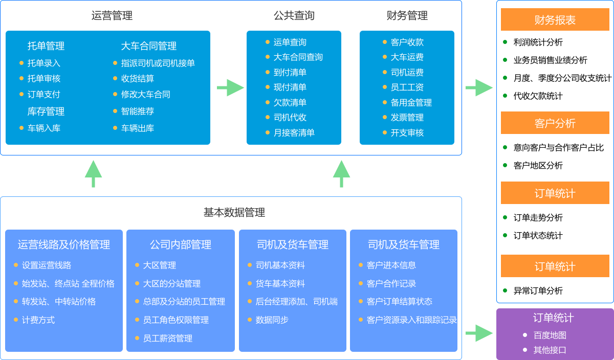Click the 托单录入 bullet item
tap(44, 63)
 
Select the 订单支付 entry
tap(44, 95)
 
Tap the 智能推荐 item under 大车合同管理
tap(138, 111)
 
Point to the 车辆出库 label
tap(138, 128)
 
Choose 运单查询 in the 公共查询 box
tap(290, 42)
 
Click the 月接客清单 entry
tap(294, 133)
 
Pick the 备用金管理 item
tap(411, 103)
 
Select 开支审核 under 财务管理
tap(407, 133)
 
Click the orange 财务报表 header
tap(555, 20)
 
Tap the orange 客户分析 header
tap(555, 123)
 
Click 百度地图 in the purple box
tap(550, 335)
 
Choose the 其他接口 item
tap(550, 350)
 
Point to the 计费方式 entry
tap(38, 320)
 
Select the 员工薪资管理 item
tap(168, 339)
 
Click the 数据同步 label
tap(272, 320)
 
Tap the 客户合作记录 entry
tap(391, 284)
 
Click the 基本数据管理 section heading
tap(234, 212)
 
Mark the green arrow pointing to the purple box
tap(479, 333)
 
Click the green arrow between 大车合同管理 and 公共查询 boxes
tap(230, 87)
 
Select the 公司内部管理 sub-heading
tap(181, 245)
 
